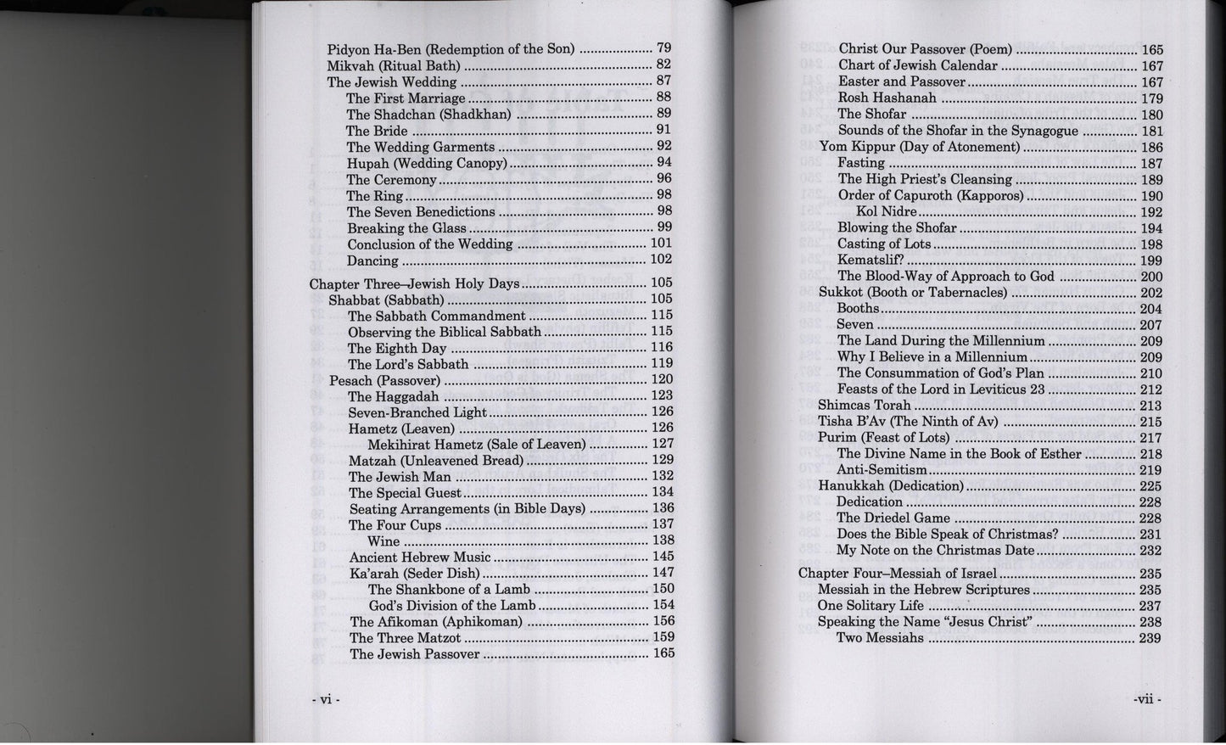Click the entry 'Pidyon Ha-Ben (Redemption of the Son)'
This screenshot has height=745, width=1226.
pos(451,49)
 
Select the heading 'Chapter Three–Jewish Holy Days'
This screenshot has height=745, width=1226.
pos(413,283)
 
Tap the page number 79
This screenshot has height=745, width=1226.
pos(663,48)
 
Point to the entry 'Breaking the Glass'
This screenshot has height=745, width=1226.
pos(406,228)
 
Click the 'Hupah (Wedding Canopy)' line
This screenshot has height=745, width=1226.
pos(426,163)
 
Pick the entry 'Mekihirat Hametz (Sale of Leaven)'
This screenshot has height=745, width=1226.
pos(476,445)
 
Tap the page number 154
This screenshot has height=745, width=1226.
pos(663,605)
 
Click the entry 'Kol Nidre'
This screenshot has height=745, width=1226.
pos(886,211)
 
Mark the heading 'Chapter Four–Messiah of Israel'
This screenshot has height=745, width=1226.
pos(899,574)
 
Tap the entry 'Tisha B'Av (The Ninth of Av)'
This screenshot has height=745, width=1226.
pos(908,422)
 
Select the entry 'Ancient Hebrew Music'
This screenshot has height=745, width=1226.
pos(420,557)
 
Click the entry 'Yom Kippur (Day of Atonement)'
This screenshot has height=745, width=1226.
pos(919,147)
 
